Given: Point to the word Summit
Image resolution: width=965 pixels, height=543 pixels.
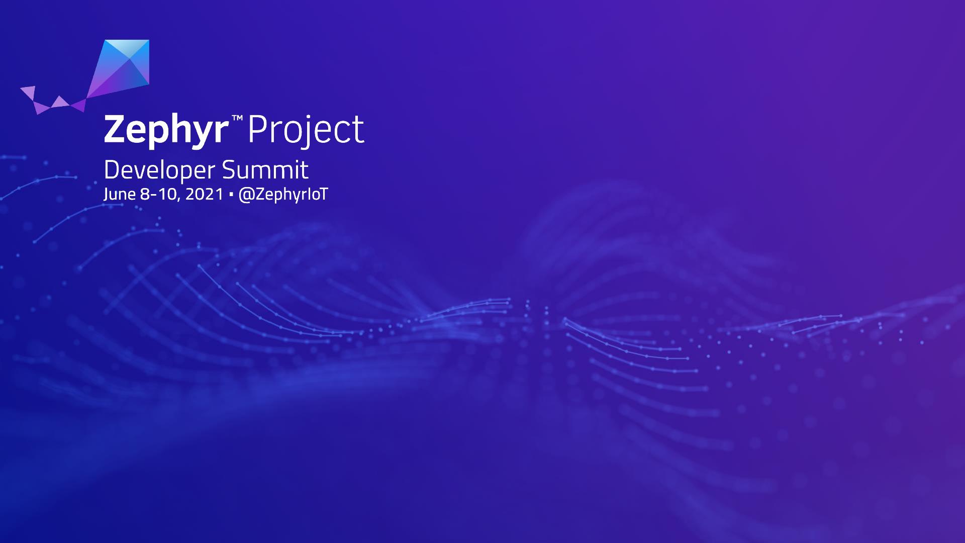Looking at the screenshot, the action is pyautogui.click(x=265, y=170).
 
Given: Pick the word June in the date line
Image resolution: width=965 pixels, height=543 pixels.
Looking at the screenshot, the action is pyautogui.click(x=119, y=195).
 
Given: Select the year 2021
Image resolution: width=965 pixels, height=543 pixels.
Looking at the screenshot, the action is pyautogui.click(x=204, y=194).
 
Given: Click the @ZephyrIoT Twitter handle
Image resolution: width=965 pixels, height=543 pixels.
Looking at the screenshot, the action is pyautogui.click(x=283, y=195).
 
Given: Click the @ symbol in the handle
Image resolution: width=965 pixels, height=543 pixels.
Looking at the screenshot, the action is pyautogui.click(x=246, y=195).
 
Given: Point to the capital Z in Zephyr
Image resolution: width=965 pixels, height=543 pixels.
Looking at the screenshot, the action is pyautogui.click(x=116, y=129).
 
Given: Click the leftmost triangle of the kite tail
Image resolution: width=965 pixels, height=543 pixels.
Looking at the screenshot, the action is pyautogui.click(x=29, y=93).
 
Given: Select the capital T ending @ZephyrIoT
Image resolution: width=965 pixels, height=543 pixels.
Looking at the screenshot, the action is pyautogui.click(x=323, y=194).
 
